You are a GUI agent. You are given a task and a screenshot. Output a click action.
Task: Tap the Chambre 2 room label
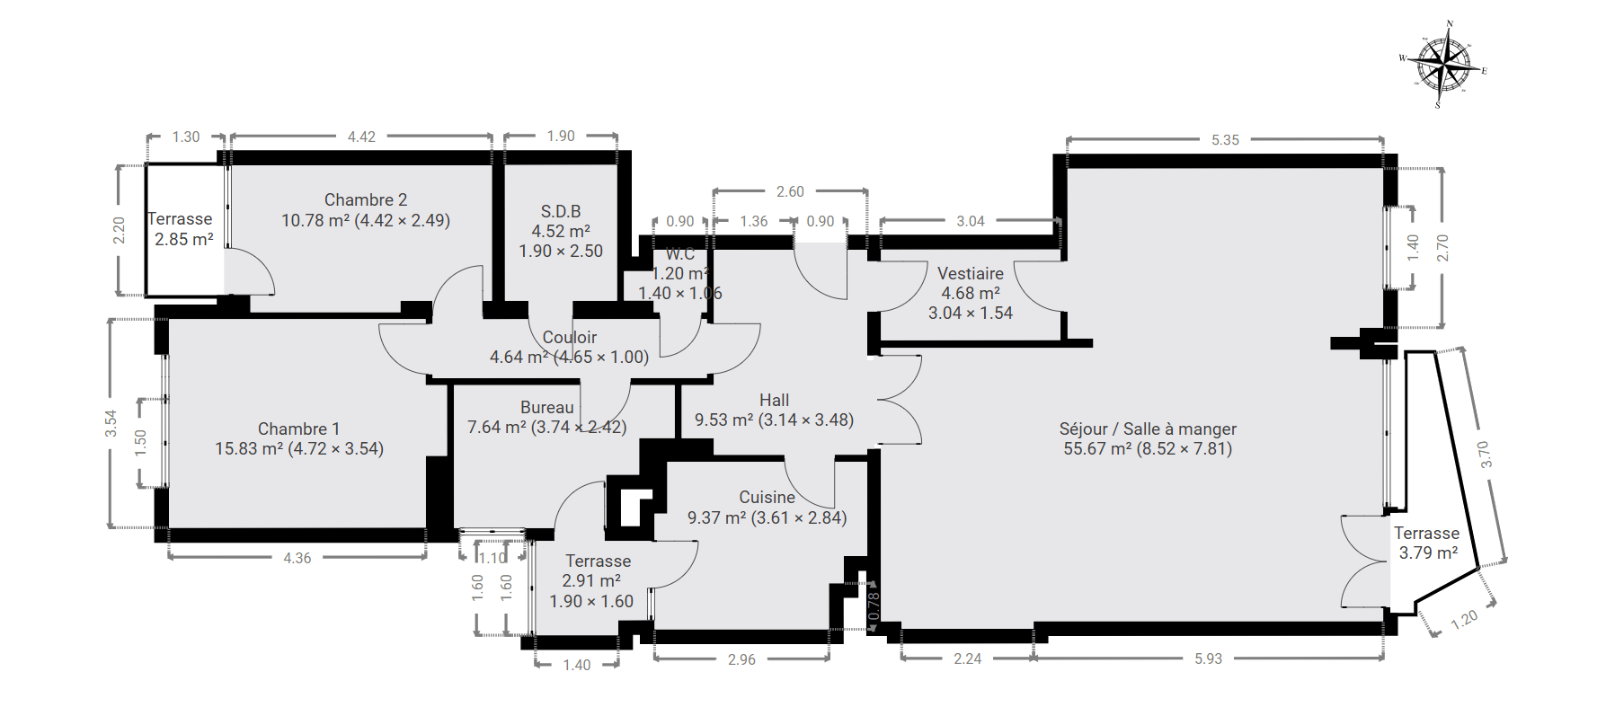(366, 199)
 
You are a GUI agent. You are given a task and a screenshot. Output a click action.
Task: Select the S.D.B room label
(561, 211)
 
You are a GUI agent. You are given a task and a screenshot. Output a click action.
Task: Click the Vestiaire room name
(971, 273)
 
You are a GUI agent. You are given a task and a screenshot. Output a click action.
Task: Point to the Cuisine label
(767, 497)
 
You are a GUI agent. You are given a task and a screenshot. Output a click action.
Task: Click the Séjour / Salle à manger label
(1148, 429)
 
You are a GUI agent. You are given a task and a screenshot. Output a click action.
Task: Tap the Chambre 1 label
(298, 429)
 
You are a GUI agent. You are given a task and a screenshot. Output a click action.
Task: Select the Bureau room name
(546, 407)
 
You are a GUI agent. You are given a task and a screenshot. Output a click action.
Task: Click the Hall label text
(774, 400)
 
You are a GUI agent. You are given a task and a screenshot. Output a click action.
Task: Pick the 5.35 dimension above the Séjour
(1225, 139)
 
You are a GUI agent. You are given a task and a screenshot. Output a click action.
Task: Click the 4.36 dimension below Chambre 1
(297, 558)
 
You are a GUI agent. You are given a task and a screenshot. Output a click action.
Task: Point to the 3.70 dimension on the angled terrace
(1485, 455)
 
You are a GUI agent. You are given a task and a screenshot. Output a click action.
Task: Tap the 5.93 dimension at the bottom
(1208, 658)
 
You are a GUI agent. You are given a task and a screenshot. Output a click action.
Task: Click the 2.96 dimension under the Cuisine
(741, 659)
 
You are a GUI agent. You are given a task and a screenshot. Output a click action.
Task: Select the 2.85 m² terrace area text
(184, 239)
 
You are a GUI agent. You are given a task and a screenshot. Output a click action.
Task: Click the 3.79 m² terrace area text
(1428, 552)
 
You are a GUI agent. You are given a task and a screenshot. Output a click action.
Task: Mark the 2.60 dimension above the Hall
(790, 191)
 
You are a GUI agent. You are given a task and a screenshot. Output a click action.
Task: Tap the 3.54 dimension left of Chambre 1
(111, 423)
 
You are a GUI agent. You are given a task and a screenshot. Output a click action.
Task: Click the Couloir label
(569, 337)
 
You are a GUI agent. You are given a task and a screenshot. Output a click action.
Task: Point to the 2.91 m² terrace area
(591, 580)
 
